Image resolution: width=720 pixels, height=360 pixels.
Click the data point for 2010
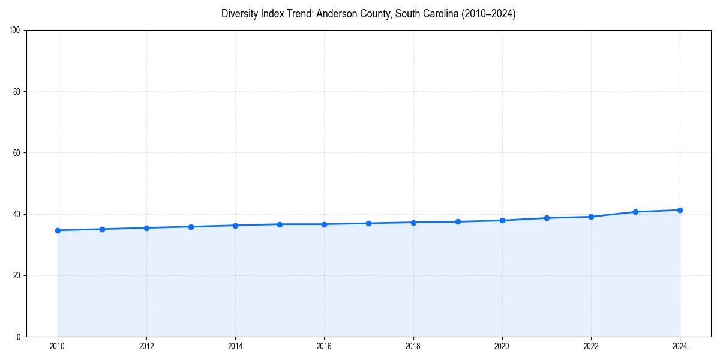[x=58, y=230]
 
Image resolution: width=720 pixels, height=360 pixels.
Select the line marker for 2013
[x=191, y=227]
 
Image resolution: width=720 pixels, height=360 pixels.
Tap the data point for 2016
[x=324, y=224]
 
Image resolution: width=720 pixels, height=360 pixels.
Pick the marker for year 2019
[x=458, y=222]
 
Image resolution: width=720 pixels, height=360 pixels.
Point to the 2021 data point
[x=547, y=218]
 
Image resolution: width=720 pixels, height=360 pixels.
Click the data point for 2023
[x=635, y=212]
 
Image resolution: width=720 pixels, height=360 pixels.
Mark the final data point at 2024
[x=680, y=210]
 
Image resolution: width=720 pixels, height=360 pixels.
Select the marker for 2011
[x=102, y=229]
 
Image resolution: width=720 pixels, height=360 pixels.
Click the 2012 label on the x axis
[x=146, y=346]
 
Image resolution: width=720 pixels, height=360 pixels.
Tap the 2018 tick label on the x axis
[x=413, y=346]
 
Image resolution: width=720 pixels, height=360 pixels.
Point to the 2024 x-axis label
[x=680, y=346]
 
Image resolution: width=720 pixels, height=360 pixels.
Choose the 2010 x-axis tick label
[x=58, y=346]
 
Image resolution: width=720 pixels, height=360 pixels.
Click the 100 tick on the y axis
[x=15, y=31]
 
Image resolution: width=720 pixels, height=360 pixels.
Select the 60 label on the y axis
[x=17, y=153]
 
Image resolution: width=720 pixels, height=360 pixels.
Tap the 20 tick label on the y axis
[x=17, y=275]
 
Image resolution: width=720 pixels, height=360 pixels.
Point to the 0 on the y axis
[x=19, y=337]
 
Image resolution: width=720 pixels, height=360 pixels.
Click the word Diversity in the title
[x=240, y=14]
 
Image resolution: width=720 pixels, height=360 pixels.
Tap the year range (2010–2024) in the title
[x=488, y=14]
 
